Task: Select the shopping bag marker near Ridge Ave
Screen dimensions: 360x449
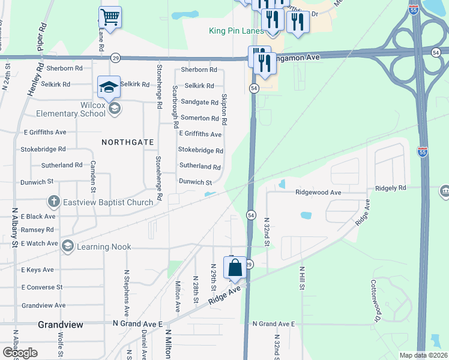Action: pos(235,268)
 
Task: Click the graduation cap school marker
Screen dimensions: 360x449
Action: pos(109,87)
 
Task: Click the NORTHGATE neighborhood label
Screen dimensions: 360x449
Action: pos(128,142)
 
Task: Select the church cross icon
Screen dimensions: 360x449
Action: pos(53,202)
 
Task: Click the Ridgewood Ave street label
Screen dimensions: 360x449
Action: pos(318,193)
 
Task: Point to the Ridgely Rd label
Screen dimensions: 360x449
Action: pos(391,188)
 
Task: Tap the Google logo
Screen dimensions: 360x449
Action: pos(20,352)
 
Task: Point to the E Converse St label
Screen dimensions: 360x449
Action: pos(42,287)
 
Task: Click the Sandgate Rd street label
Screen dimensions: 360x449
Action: pos(199,102)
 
